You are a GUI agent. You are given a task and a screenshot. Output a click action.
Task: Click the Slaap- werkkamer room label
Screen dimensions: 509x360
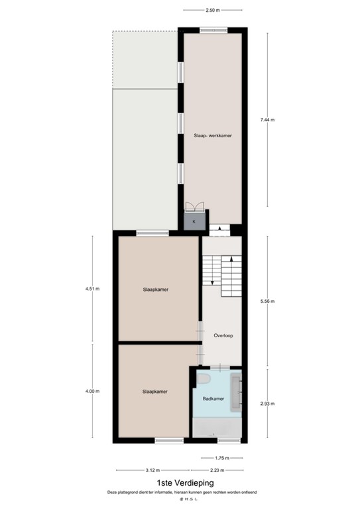(213, 135)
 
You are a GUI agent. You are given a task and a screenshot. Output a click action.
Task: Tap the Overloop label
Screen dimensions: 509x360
(223, 335)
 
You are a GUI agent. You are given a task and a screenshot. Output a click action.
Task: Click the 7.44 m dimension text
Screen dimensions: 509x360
(267, 119)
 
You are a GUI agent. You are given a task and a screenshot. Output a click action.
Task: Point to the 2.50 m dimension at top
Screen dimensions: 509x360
(213, 11)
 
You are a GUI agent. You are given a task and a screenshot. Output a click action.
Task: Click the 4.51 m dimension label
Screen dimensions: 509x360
(91, 289)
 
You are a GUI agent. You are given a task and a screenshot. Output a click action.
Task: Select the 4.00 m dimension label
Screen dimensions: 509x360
(91, 391)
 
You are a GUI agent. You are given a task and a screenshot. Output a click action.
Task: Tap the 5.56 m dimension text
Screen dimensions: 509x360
(267, 300)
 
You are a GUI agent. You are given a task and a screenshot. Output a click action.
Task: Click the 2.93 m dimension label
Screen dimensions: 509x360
(267, 403)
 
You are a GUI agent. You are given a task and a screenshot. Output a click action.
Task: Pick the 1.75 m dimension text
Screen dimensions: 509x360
(222, 458)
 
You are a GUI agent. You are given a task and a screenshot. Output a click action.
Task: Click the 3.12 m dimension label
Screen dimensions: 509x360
(150, 470)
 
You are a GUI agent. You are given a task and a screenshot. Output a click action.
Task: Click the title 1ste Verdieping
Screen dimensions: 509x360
(180, 483)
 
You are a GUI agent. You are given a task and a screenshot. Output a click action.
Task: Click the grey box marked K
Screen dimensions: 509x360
(194, 221)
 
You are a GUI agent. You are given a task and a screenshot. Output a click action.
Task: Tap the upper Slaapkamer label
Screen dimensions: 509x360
(154, 290)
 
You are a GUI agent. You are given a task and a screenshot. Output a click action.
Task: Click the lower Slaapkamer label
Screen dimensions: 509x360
(154, 392)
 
